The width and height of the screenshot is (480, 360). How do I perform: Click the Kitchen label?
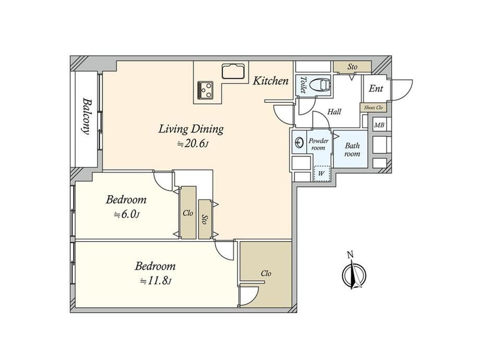[271, 81]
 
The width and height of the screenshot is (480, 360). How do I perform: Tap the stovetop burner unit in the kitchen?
[206, 90]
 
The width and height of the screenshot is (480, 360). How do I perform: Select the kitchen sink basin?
[233, 71]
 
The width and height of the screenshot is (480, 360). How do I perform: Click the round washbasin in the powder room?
[299, 142]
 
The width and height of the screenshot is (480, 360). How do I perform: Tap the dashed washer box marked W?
[321, 174]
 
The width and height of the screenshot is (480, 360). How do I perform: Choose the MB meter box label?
[379, 125]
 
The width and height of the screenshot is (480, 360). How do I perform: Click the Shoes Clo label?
[373, 107]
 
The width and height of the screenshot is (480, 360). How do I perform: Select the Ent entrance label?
[376, 89]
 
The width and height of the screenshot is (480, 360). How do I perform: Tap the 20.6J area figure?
[193, 144]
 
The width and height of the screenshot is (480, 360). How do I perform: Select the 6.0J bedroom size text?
[127, 214]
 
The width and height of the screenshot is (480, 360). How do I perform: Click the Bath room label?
[352, 150]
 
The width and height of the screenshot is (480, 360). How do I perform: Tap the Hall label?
[334, 112]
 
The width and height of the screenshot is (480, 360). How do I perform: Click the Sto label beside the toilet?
[352, 66]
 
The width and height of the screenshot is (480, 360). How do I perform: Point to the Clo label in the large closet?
[266, 273]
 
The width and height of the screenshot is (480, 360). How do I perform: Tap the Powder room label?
[318, 144]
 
